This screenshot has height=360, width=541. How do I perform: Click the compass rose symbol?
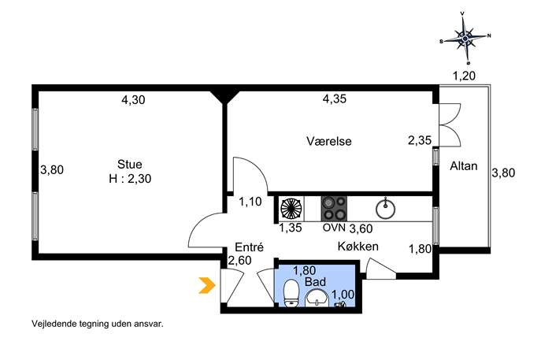[x=465, y=38]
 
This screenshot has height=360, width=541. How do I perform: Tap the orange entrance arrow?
[x=207, y=285]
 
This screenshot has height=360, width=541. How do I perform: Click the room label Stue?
[x=130, y=164]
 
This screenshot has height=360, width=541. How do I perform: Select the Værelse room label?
[x=329, y=141]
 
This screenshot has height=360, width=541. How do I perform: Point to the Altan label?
[x=463, y=166]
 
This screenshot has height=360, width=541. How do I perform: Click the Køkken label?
[x=358, y=247]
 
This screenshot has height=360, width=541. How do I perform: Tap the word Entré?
[x=249, y=247]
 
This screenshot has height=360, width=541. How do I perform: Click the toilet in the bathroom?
[x=291, y=293]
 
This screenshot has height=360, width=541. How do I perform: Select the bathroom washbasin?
[x=317, y=299]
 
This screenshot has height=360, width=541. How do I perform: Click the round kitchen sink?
[x=385, y=209]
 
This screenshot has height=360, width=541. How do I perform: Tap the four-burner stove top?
[x=334, y=209]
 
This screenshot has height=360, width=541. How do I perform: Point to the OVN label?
[x=334, y=228]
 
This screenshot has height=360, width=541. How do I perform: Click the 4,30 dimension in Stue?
[x=133, y=100]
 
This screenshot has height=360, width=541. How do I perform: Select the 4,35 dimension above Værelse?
[x=335, y=99]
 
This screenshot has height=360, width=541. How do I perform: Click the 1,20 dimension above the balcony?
[x=464, y=76]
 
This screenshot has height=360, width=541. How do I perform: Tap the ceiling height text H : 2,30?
[x=130, y=179]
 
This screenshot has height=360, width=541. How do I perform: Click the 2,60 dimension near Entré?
[x=240, y=260]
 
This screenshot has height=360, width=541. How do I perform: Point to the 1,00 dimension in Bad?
[x=343, y=294]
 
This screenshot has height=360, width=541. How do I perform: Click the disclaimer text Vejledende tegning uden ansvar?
[x=98, y=324]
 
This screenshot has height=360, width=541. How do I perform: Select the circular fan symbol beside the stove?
[x=291, y=209]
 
